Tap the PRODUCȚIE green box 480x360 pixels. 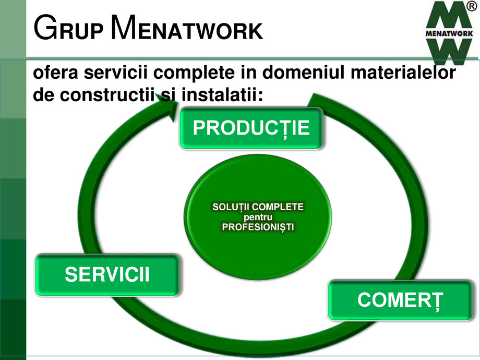251,128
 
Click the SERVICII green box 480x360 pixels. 107,274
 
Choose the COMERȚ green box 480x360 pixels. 400,300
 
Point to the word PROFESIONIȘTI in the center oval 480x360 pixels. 258,227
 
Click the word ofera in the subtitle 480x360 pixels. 53,74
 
